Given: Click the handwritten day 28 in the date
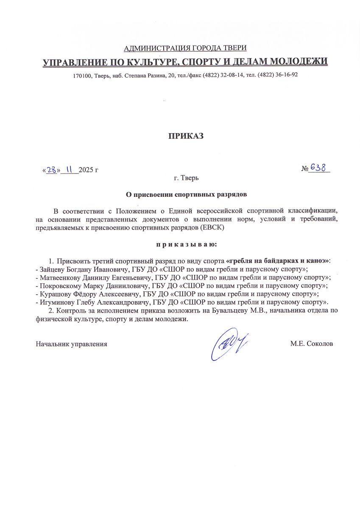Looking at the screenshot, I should pyautogui.click(x=52, y=170).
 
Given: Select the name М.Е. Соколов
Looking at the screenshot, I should pyautogui.click(x=312, y=344).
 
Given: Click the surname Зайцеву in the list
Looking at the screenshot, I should pyautogui.click(x=53, y=269).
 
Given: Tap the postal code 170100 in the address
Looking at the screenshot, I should pyautogui.click(x=82, y=75).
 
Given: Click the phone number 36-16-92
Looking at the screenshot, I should pyautogui.click(x=286, y=75).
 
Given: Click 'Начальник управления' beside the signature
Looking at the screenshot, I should pyautogui.click(x=71, y=344).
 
